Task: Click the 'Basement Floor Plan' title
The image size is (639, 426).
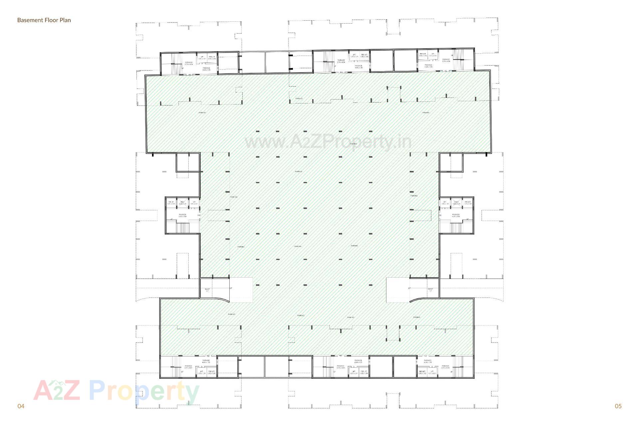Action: [44, 20]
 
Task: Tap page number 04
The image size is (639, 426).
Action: [21, 406]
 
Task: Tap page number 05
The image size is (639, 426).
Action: [618, 406]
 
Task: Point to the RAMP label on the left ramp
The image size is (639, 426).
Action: [207, 290]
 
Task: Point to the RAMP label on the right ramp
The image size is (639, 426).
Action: [430, 290]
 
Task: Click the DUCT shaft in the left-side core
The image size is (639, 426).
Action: [182, 203]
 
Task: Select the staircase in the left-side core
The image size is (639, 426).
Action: [182, 228]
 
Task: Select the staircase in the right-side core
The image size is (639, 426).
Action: [456, 228]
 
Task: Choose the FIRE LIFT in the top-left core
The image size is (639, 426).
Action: [212, 58]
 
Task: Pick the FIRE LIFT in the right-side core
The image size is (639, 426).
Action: [468, 203]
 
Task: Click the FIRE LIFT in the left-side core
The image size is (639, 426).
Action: [171, 203]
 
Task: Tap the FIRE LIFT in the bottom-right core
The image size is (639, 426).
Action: [422, 372]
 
